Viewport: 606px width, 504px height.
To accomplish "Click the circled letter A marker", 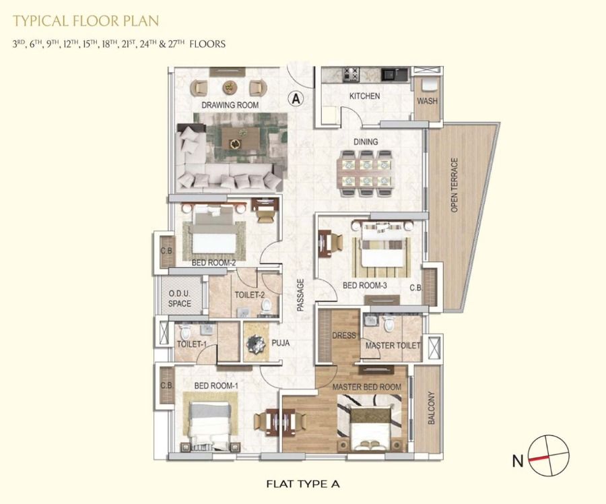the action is (296, 99).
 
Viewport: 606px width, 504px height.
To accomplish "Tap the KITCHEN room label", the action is (364, 96).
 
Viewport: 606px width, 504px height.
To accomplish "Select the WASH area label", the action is (427, 101).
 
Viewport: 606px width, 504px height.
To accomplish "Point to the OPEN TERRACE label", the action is (454, 185).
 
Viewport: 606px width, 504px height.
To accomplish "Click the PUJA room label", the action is (281, 343).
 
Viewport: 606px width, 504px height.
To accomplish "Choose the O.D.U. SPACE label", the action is (180, 298).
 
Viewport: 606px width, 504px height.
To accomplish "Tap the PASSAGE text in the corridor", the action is (300, 295).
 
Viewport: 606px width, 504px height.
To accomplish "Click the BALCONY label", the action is (432, 408).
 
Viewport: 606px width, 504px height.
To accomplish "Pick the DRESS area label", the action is (344, 336).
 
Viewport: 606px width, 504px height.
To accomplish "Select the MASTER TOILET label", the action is (393, 346).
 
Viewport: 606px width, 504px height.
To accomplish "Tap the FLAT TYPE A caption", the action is (303, 484).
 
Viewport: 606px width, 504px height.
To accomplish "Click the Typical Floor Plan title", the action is (86, 20).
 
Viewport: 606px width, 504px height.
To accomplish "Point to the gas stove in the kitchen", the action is (351, 74).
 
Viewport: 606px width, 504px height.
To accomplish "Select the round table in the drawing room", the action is (230, 88).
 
